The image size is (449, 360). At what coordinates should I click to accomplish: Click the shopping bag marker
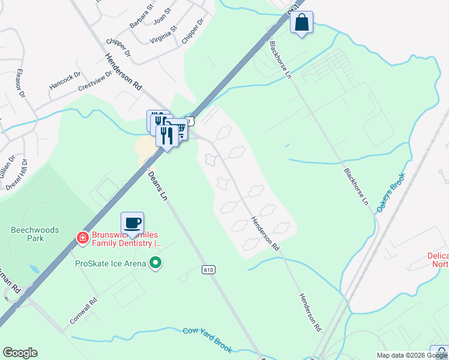point(301,23)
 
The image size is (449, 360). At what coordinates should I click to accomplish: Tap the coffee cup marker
point(132,223)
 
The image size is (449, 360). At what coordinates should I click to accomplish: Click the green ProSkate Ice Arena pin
point(156,262)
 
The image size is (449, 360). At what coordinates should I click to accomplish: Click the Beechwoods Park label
point(28,233)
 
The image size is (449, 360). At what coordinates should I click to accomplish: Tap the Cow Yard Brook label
point(208,340)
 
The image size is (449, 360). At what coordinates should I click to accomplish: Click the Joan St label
point(162,14)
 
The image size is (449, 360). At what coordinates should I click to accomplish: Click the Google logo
point(20,353)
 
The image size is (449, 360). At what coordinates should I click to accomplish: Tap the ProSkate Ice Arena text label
point(110,263)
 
